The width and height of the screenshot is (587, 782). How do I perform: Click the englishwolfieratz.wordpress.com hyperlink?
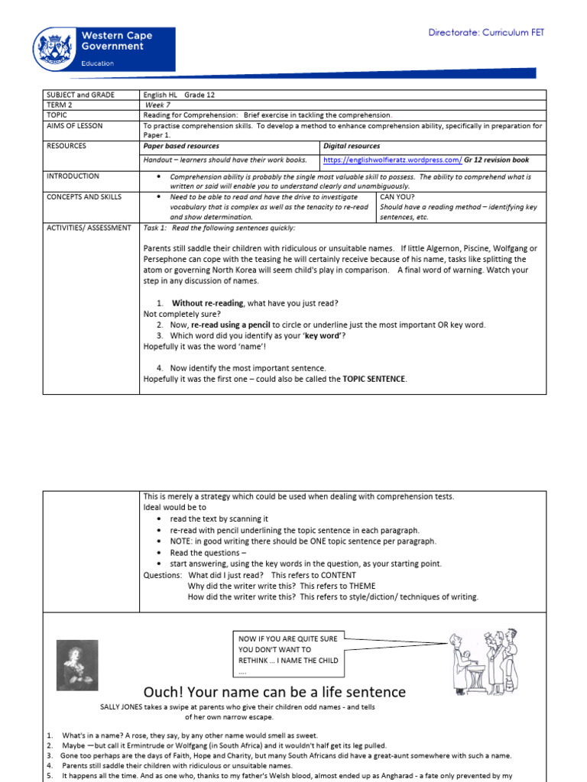point(392,160)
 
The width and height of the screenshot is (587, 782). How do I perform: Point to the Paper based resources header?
point(181,146)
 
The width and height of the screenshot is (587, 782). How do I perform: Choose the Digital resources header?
point(352,146)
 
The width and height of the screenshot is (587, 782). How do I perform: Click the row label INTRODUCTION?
point(73,176)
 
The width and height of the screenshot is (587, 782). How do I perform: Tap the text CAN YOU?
point(396,197)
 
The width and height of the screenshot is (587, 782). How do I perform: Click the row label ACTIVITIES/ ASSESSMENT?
point(89,228)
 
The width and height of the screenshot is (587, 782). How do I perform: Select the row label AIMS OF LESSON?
point(74,125)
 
